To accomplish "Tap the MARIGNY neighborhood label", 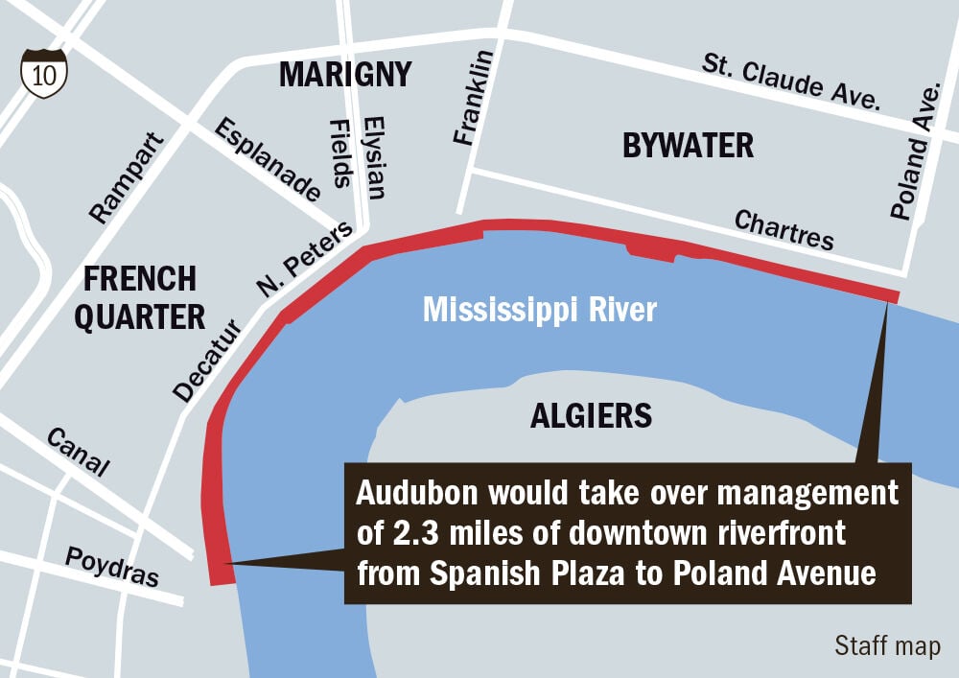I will [345, 74].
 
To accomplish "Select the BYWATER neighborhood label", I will [688, 146].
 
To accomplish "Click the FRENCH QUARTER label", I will [140, 297].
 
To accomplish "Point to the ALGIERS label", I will [591, 416].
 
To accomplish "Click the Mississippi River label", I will [540, 311].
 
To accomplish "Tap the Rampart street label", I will [126, 178].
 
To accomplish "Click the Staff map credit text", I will [887, 645].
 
